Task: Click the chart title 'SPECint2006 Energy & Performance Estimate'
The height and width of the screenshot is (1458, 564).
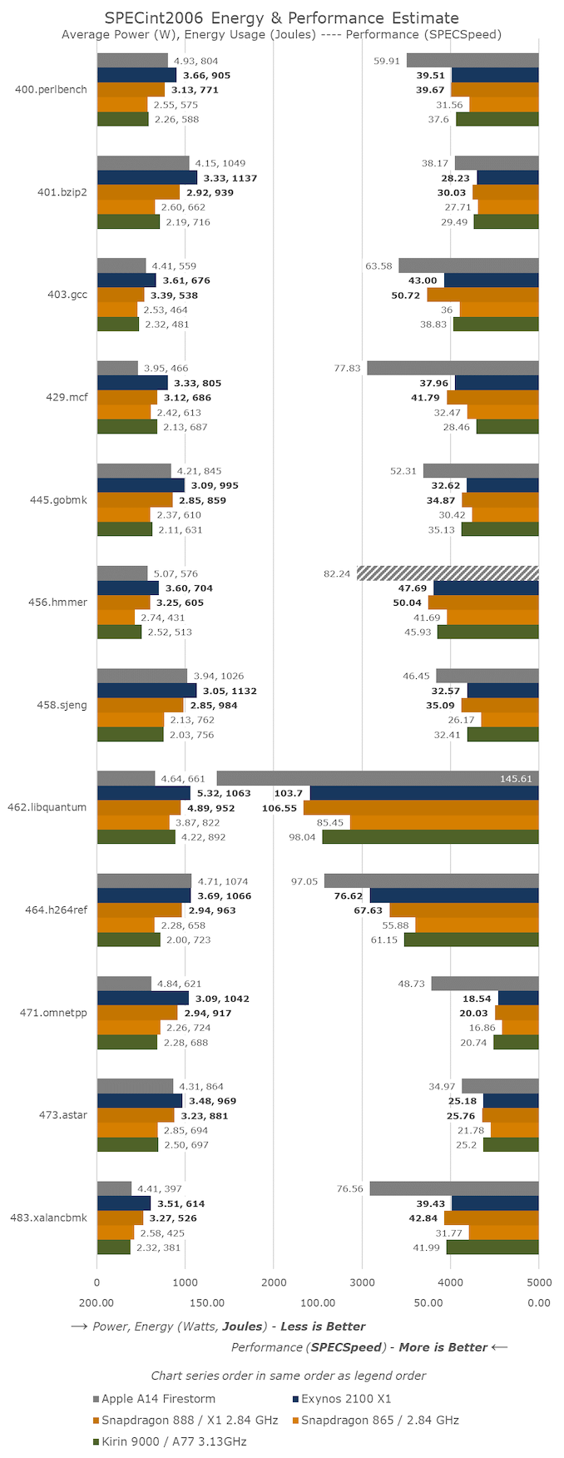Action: coord(281,17)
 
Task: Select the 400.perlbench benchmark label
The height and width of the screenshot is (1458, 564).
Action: coord(51,89)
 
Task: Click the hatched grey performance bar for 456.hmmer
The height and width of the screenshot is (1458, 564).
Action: coord(448,573)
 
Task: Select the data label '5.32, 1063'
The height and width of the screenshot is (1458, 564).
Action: coord(224,793)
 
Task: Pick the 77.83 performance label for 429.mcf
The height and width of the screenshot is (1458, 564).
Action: coord(347,368)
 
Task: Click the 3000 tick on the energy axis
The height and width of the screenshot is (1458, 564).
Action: coord(362,1282)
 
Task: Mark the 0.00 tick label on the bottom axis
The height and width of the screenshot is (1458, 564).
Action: coord(538,1302)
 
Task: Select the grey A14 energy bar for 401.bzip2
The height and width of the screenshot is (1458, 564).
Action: coord(143,163)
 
